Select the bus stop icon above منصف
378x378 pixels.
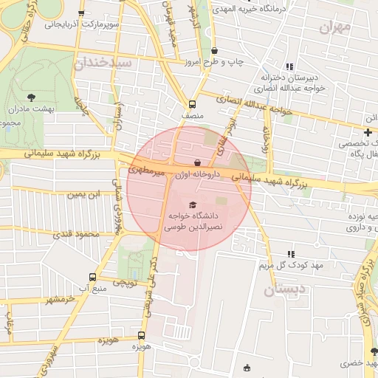[192, 104]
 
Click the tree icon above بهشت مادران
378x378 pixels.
[31, 97]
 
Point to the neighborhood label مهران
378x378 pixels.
[337, 28]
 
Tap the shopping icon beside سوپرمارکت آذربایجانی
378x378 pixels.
[81, 13]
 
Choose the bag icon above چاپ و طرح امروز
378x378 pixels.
[214, 50]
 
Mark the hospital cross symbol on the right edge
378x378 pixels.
[368, 131]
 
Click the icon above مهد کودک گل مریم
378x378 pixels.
[290, 253]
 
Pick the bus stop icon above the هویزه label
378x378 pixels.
[142, 334]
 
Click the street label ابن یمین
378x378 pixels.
[83, 194]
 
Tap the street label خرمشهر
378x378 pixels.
[61, 299]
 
